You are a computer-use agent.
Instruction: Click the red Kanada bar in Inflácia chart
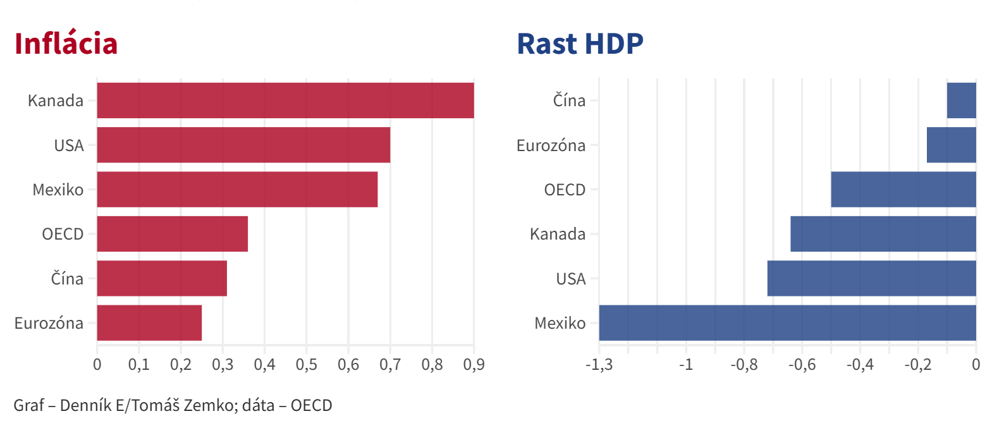(285, 101)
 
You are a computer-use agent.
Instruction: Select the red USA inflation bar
(243, 145)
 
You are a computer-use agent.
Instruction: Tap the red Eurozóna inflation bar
(149, 323)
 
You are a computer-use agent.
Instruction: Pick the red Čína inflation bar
(162, 279)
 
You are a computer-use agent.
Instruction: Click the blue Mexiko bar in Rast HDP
(787, 323)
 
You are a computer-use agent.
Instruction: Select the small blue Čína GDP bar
(962, 101)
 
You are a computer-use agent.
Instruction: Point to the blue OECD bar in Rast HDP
(903, 190)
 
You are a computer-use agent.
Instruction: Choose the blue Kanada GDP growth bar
(883, 234)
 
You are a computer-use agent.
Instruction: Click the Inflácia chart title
(66, 44)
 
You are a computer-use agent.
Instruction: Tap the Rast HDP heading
(580, 44)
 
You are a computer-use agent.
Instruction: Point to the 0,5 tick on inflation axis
(307, 365)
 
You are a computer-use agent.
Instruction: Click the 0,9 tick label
(474, 365)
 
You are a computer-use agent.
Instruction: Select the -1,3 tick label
(599, 365)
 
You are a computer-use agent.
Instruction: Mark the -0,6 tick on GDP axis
(802, 365)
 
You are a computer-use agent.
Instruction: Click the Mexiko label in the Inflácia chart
(58, 190)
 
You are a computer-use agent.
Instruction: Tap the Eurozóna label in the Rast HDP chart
(551, 145)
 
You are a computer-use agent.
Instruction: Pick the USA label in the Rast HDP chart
(570, 279)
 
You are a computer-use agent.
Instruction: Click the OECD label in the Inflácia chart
(62, 234)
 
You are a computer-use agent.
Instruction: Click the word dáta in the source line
(259, 405)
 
